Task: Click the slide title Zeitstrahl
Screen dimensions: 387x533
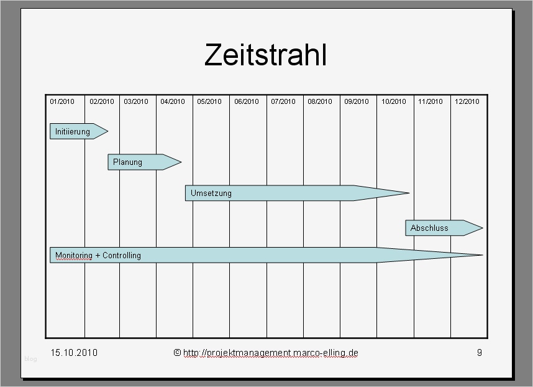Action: pyautogui.click(x=265, y=55)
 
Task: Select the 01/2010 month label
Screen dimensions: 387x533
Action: pyautogui.click(x=62, y=101)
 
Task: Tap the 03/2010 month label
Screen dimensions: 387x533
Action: pyautogui.click(x=136, y=101)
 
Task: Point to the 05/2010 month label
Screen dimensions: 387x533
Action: pyautogui.click(x=209, y=101)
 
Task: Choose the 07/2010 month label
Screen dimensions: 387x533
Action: pyautogui.click(x=283, y=101)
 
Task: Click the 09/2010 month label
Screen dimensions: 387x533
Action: pyautogui.click(x=357, y=101)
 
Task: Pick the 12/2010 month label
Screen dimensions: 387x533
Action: pyautogui.click(x=467, y=101)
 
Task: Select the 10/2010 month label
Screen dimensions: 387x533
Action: pyautogui.click(x=394, y=101)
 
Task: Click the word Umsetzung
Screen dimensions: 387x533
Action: pyautogui.click(x=211, y=193)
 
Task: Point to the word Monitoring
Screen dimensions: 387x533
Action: pyautogui.click(x=73, y=256)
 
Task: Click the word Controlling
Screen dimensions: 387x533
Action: pyautogui.click(x=122, y=256)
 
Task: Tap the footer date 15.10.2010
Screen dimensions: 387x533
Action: pyautogui.click(x=74, y=353)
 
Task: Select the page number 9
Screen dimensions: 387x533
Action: pyautogui.click(x=479, y=353)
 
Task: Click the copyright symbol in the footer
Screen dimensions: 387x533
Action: pyautogui.click(x=177, y=353)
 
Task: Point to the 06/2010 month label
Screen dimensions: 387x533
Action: pyautogui.click(x=247, y=101)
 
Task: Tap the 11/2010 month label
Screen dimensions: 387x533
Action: pyautogui.click(x=430, y=101)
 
